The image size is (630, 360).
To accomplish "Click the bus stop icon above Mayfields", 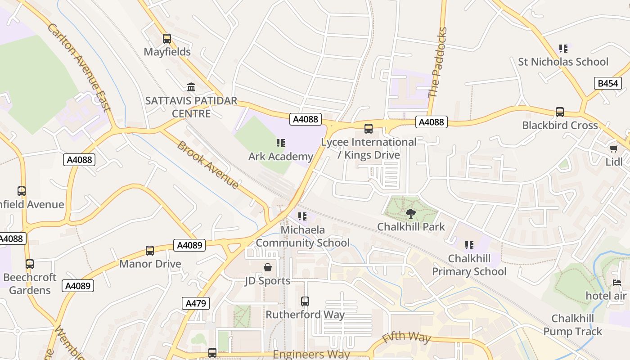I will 167,39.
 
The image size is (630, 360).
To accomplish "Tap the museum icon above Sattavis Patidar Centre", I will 191,87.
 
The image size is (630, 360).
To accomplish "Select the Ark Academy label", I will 281,157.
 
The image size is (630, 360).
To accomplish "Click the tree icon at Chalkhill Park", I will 410,214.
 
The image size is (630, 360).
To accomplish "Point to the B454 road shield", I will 607,83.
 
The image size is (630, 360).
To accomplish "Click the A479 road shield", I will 197,303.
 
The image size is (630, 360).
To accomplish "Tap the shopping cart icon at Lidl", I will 613,148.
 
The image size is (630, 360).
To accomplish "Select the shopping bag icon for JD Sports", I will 268,267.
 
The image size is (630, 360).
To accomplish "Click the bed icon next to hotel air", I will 617,283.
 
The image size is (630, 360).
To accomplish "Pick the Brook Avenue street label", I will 208,165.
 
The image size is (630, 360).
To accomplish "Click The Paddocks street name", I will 438,63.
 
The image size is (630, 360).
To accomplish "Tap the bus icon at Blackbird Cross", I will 560,112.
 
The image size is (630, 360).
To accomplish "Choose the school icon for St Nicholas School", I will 563,48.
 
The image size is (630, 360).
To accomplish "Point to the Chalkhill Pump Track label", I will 572,325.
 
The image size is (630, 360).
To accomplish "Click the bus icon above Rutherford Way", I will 305,301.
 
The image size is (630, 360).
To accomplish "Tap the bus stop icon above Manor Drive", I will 150,251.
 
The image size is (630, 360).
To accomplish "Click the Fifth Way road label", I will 406,337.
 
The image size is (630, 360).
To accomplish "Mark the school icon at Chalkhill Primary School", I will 469,245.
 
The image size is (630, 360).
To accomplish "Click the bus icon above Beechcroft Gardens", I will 30,264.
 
